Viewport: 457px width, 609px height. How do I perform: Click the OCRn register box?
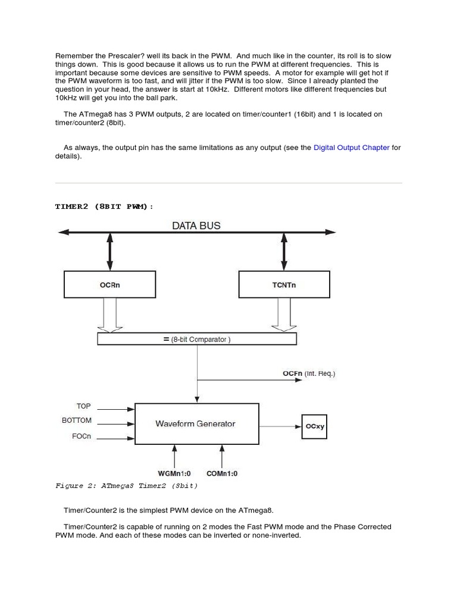tap(109, 284)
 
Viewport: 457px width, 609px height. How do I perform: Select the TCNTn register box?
tap(284, 284)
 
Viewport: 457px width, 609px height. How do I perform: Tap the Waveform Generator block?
tap(196, 424)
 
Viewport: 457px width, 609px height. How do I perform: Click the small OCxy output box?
tap(314, 426)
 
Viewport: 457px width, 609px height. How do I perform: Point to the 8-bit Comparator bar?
tap(197, 339)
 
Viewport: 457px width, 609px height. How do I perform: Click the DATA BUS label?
tap(196, 225)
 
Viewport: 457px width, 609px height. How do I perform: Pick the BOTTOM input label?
tap(77, 420)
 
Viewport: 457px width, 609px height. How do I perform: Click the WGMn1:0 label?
tap(174, 473)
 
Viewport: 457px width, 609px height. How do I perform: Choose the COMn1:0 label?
tap(222, 473)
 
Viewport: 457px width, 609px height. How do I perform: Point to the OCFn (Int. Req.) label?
tap(308, 373)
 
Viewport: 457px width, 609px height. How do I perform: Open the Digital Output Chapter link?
tap(351, 147)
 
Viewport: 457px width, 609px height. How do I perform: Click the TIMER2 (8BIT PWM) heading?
tap(104, 206)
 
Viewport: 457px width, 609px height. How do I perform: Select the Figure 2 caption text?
tap(126, 486)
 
